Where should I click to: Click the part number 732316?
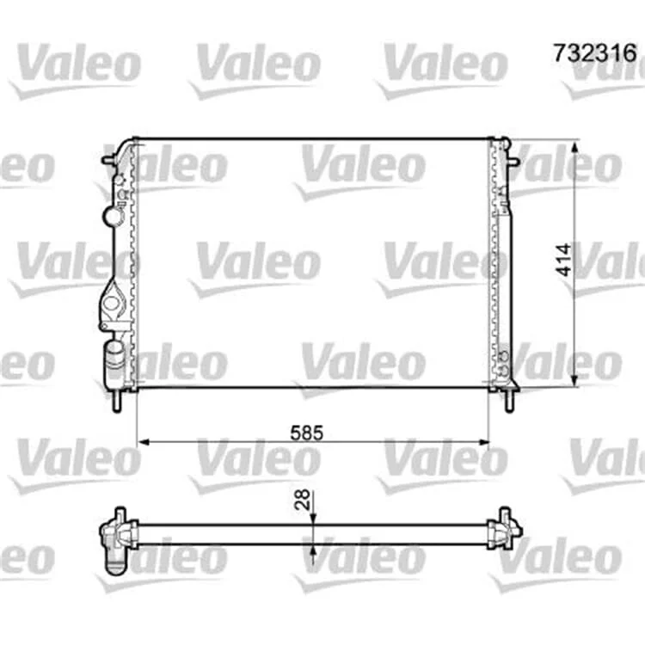595,53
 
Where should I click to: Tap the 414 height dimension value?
563,260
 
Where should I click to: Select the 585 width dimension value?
307,433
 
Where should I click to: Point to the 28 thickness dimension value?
303,500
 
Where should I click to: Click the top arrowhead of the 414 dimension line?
576,145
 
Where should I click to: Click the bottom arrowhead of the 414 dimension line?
576,380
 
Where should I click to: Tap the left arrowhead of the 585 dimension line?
143,442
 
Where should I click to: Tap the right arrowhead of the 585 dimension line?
482,442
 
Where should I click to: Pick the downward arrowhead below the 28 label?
313,519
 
